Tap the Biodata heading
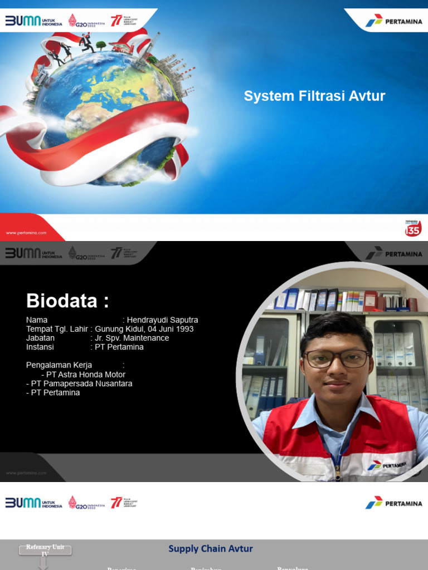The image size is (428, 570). (x=67, y=301)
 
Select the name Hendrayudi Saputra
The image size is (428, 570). (x=162, y=320)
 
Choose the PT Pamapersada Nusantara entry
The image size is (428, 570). (x=79, y=384)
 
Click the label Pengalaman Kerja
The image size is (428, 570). (x=59, y=365)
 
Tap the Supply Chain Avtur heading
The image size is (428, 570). (x=211, y=549)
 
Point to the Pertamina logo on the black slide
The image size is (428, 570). (x=393, y=253)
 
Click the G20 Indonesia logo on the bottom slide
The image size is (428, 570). (x=86, y=503)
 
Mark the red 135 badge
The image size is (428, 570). (x=413, y=228)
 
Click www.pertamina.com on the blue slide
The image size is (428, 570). (x=26, y=233)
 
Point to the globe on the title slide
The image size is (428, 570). (x=106, y=114)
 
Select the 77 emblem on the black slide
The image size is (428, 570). (x=116, y=253)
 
